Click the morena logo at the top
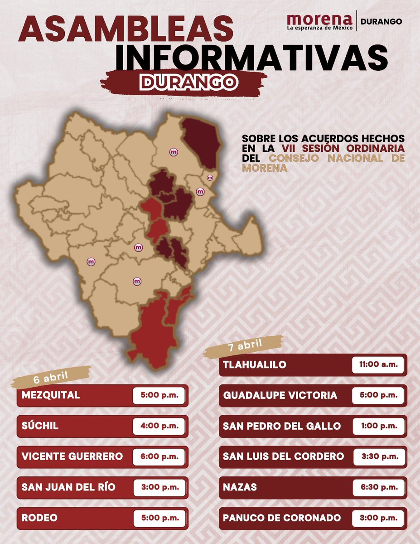(x=320, y=21)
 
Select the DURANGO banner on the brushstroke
(x=189, y=82)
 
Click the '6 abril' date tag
(x=51, y=377)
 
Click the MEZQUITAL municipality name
(x=51, y=395)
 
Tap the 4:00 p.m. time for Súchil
(x=159, y=426)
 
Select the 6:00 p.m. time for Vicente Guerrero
(x=159, y=457)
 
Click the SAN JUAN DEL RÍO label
(x=68, y=487)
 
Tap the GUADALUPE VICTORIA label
(x=280, y=395)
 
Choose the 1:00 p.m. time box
(x=378, y=426)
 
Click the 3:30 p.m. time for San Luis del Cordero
(x=378, y=457)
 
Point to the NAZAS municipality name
(x=240, y=487)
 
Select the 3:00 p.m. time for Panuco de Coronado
(x=378, y=518)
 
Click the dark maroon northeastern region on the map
(x=201, y=141)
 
